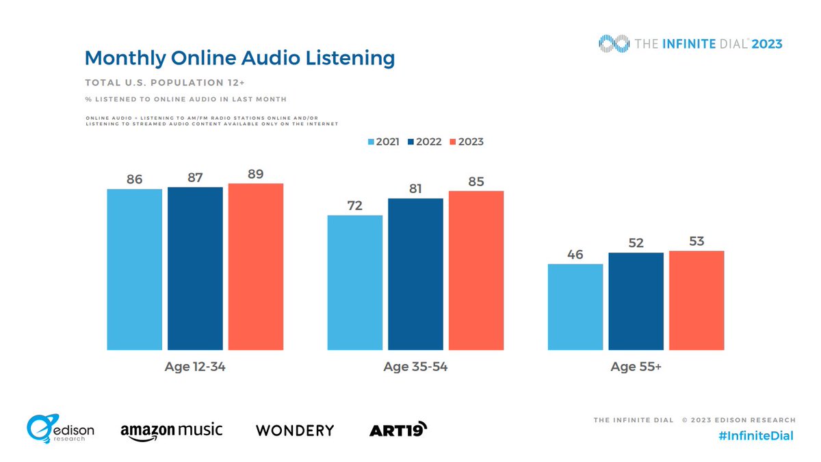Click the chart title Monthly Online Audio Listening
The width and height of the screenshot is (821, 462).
point(239,58)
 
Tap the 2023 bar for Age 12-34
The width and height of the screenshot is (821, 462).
point(255,266)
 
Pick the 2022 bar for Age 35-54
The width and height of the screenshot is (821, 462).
point(415,274)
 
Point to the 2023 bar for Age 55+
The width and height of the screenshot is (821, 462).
point(696,300)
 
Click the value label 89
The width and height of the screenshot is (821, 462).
point(255,173)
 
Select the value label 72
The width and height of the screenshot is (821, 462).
point(354,205)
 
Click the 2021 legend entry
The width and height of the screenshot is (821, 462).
point(383,142)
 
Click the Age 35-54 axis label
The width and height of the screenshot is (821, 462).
point(415,367)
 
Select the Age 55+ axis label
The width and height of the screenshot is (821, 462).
point(636,367)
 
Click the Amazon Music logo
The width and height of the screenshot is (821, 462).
point(171,431)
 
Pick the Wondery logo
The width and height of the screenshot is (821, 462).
point(295,431)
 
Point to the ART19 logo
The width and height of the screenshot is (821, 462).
point(398,430)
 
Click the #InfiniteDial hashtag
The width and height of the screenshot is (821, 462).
point(757,436)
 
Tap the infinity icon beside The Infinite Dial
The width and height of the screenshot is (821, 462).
point(613,44)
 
